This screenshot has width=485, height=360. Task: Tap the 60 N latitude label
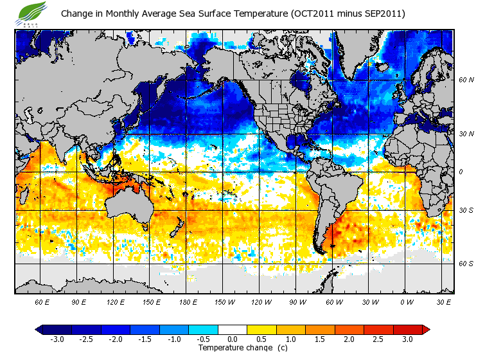(x=466, y=80)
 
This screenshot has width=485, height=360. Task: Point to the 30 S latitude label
(x=466, y=210)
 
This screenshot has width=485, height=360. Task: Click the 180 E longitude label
(x=188, y=301)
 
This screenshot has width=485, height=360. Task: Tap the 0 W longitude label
(x=407, y=301)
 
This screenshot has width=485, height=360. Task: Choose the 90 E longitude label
(x=79, y=301)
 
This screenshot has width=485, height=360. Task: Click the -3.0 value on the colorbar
(x=57, y=339)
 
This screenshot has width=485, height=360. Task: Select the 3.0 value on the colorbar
(x=407, y=339)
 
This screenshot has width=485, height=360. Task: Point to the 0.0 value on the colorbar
(x=232, y=339)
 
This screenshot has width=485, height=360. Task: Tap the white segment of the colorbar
(x=232, y=330)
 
